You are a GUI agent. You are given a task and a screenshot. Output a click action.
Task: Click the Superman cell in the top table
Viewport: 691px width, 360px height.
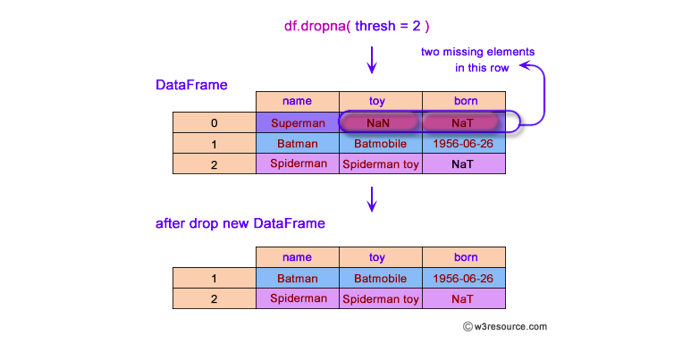click(298, 121)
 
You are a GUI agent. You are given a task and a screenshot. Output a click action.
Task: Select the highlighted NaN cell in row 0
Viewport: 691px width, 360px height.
click(380, 121)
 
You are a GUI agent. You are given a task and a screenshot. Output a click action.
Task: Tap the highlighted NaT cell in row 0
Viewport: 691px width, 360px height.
click(463, 121)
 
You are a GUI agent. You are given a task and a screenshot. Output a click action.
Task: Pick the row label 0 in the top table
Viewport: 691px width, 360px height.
click(215, 122)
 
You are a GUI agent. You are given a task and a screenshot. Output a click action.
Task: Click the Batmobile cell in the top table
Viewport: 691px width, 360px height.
click(380, 143)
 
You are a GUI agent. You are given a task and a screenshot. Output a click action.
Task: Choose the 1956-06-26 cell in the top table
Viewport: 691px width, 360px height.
click(463, 143)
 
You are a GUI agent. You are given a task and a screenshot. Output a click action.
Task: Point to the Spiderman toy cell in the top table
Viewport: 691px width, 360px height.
click(380, 163)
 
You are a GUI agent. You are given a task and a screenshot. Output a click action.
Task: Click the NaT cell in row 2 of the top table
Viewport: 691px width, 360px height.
click(463, 163)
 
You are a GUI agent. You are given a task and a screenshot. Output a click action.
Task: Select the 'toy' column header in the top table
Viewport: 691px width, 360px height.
click(380, 101)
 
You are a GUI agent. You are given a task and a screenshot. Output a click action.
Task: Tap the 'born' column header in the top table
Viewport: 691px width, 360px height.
click(463, 101)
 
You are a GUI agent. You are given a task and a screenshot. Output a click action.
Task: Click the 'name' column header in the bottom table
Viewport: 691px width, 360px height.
click(298, 257)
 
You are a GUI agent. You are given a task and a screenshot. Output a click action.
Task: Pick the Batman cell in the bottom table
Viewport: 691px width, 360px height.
click(298, 278)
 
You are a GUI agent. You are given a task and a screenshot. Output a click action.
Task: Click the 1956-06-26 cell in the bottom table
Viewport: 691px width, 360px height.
click(463, 278)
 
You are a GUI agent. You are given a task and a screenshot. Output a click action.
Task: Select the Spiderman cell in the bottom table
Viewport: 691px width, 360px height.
click(298, 298)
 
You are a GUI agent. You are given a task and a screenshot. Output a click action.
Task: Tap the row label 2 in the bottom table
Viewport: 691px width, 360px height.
click(215, 299)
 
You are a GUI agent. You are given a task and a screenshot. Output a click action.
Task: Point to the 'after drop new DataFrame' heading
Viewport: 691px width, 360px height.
click(240, 223)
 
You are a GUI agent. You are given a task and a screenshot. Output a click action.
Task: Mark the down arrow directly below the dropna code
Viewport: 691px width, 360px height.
click(372, 62)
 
